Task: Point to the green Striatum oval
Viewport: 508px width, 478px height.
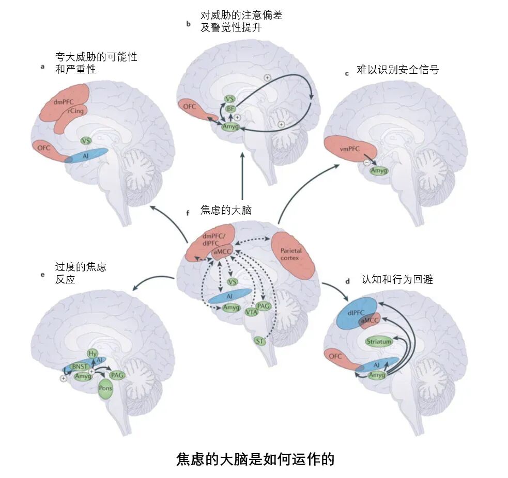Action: click(379, 341)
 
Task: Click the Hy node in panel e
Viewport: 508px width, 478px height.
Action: click(93, 354)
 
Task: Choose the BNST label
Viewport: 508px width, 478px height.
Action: click(80, 367)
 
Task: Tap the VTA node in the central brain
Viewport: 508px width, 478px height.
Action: click(251, 311)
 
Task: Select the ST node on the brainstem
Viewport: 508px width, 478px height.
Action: click(260, 341)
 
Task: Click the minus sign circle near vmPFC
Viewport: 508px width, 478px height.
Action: click(366, 163)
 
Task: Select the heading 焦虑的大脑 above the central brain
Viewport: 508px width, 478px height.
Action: click(226, 211)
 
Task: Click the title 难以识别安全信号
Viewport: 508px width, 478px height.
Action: click(397, 70)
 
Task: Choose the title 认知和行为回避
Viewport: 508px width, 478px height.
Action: click(396, 279)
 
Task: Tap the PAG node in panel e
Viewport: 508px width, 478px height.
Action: click(117, 375)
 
